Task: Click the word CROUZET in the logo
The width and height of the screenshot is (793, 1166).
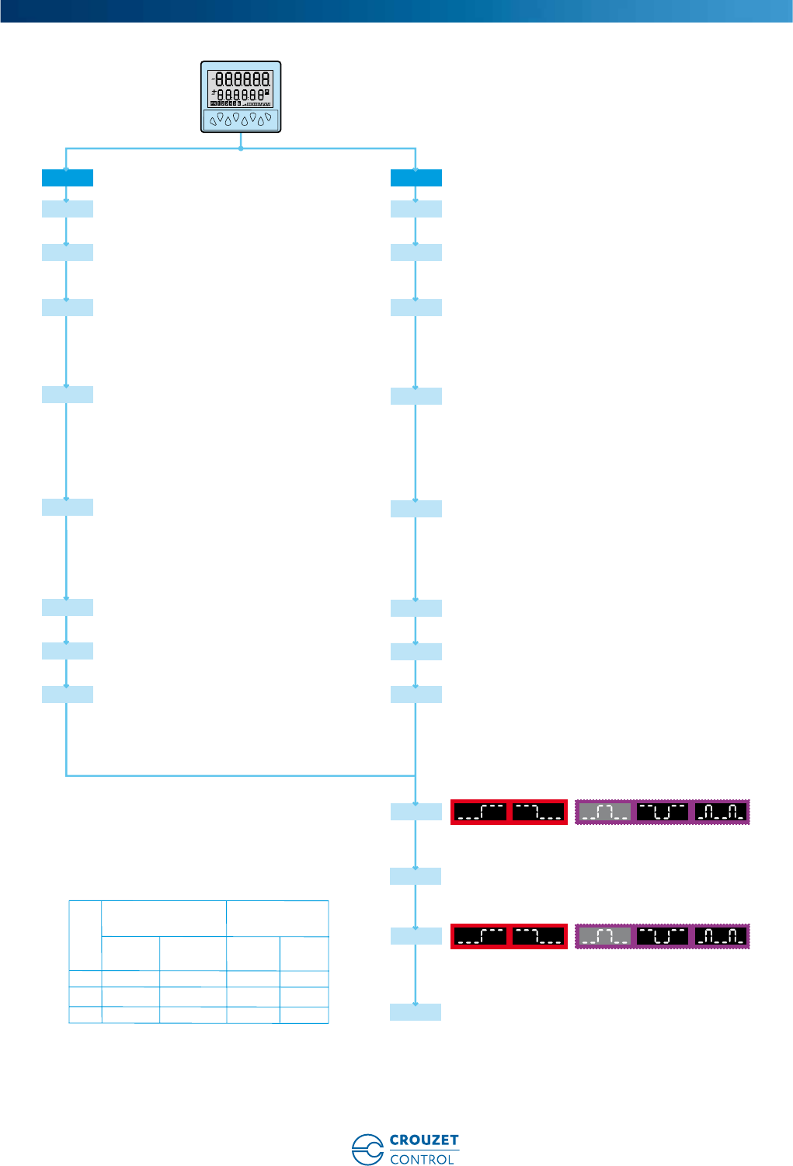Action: coord(424,1140)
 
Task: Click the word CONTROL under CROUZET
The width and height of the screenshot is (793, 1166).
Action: coord(422,1159)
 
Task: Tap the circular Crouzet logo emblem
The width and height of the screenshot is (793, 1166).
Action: coord(367,1150)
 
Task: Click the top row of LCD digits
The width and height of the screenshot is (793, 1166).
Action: coord(242,79)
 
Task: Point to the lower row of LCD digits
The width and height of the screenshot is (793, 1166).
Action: coord(242,95)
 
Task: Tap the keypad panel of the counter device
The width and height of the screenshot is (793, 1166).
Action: coord(241,120)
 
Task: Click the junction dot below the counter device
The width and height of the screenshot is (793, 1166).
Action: coord(241,148)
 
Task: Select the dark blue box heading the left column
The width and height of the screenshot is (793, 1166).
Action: coord(68,178)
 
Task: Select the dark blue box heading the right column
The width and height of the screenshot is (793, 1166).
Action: coord(416,178)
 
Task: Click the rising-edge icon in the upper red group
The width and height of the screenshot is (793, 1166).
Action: coord(480,812)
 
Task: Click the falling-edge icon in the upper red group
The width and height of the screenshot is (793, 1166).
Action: coord(538,812)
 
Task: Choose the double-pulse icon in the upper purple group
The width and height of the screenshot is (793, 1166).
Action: coord(721,812)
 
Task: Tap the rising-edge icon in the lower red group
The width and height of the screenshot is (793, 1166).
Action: coord(480,936)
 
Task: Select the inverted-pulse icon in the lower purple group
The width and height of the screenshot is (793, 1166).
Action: coord(663,936)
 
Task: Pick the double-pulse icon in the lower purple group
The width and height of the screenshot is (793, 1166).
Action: coord(721,936)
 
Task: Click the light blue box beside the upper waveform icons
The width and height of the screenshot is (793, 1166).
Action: coord(416,812)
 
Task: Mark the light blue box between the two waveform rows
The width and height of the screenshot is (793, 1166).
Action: coord(416,876)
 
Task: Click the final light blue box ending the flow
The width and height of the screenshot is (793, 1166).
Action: coord(416,1011)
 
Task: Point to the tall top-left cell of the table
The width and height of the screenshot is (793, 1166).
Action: coord(85,935)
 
